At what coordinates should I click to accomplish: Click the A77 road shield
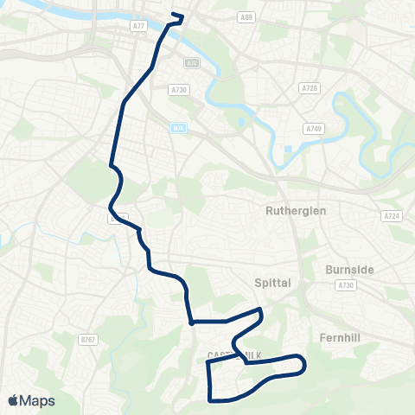click(138, 27)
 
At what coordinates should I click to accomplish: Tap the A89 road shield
click(247, 16)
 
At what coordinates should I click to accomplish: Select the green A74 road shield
click(191, 62)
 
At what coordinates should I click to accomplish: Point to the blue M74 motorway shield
click(177, 126)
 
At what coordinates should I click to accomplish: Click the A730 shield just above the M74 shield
click(179, 89)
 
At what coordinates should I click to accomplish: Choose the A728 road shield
click(310, 88)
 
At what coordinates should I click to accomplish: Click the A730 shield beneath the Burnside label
click(347, 284)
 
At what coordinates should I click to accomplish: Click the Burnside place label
click(349, 270)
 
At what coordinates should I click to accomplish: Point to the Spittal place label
click(275, 283)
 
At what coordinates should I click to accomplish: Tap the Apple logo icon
click(14, 400)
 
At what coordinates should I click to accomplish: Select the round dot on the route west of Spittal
click(190, 322)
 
